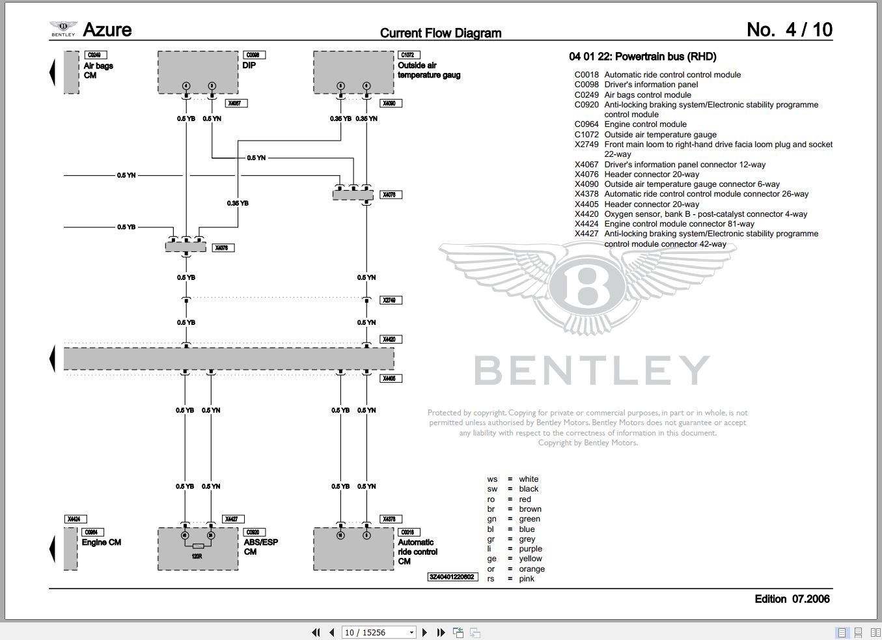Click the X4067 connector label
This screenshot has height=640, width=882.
click(236, 103)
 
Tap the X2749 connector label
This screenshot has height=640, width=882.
click(391, 300)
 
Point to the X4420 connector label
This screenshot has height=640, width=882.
click(391, 339)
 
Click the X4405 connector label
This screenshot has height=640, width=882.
click(391, 378)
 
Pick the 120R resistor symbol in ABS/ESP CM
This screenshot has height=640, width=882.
click(197, 546)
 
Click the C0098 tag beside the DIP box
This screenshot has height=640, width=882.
click(253, 55)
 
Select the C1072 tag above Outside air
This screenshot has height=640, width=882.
click(409, 55)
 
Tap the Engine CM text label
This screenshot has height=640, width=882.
click(101, 542)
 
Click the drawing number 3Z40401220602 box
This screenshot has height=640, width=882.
click(452, 577)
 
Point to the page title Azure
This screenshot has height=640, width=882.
click(107, 30)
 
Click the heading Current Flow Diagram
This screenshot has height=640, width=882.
click(441, 33)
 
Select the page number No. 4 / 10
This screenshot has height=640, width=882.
click(789, 30)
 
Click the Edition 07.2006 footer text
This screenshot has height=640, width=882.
click(792, 599)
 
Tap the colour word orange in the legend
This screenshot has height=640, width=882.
click(531, 569)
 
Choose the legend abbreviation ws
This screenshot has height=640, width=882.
click(492, 479)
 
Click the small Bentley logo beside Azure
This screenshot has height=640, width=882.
click(63, 29)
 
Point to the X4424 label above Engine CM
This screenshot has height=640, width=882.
click(74, 519)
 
